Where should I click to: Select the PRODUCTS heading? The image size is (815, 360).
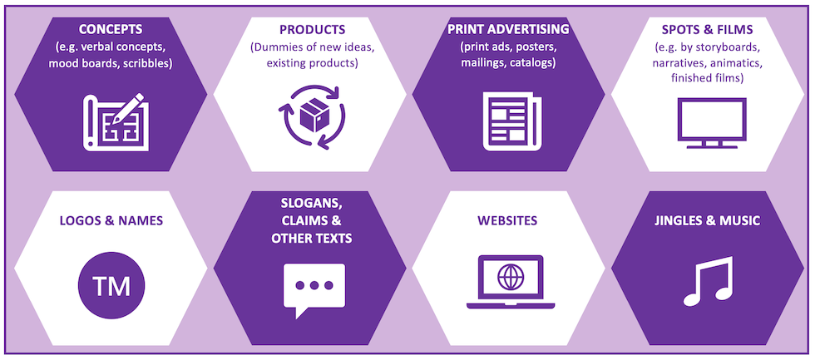[x=312, y=29]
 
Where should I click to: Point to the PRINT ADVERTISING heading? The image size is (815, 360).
[x=508, y=29]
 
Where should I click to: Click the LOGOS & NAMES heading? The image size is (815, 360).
[x=111, y=220]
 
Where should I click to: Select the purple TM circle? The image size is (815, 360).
[x=111, y=288]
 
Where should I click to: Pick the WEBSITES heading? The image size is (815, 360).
[x=507, y=220]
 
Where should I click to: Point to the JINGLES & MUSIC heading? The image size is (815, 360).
[x=708, y=220]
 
